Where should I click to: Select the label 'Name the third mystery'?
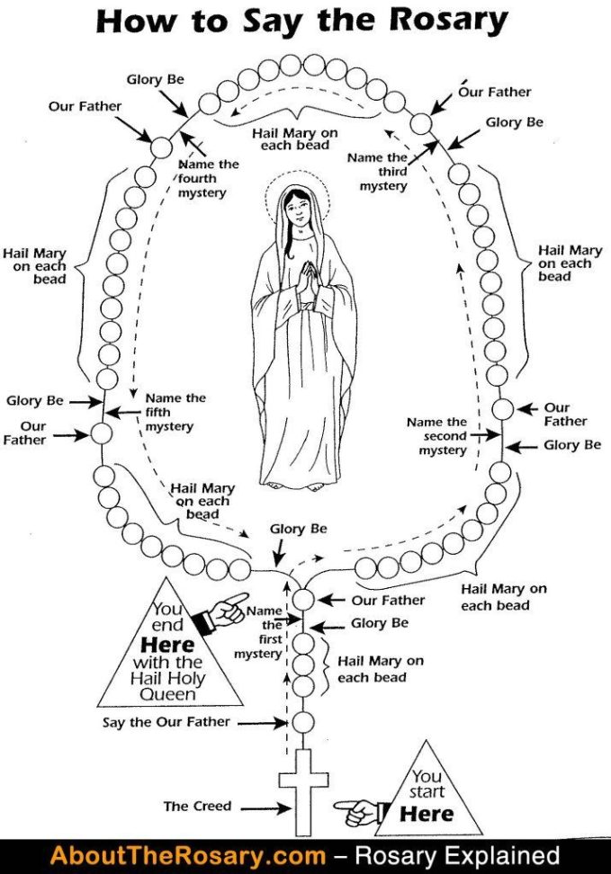pyautogui.click(x=383, y=172)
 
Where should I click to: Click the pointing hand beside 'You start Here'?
pyautogui.click(x=356, y=812)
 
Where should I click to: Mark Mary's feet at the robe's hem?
pyautogui.click(x=306, y=486)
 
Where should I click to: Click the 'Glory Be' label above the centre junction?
pyautogui.click(x=299, y=530)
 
